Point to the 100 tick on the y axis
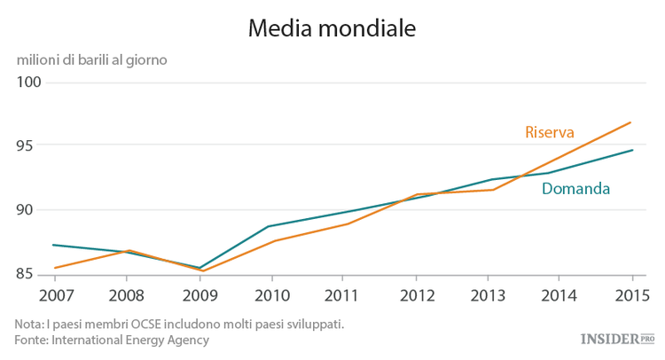(30, 82)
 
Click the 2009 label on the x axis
(199, 294)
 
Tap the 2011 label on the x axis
(346, 294)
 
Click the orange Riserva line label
(550, 132)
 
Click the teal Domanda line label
(575, 189)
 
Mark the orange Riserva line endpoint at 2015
(631, 122)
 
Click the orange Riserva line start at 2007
(54, 268)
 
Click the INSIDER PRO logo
(617, 339)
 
